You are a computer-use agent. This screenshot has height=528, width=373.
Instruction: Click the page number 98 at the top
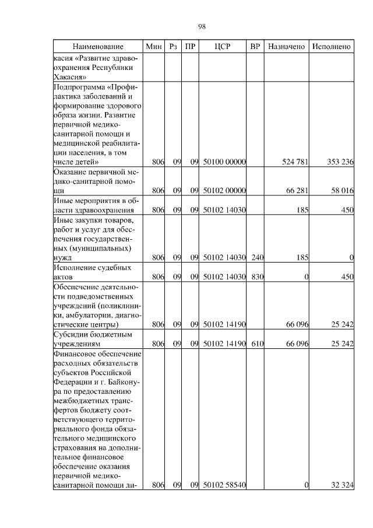coord(202,27)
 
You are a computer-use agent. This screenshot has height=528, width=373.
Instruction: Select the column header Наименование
coord(98,46)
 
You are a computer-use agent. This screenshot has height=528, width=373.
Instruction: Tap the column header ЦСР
coord(223,46)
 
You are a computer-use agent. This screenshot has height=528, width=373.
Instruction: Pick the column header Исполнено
coord(331,46)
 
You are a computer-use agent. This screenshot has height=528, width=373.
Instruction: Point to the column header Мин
coord(154,46)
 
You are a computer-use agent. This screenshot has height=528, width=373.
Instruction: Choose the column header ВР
coord(255,46)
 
